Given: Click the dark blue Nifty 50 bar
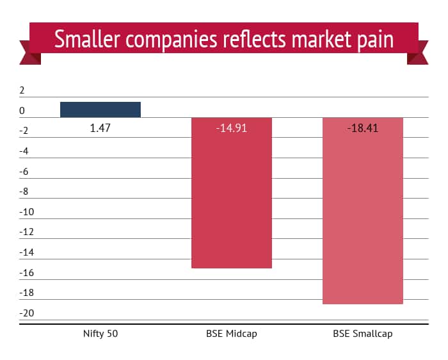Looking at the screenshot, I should tap(100, 110).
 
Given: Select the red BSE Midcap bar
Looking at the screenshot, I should tap(232, 192).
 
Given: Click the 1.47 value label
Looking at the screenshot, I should tap(100, 128).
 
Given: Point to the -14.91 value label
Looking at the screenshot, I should tap(232, 128).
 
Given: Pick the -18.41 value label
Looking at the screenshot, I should tap(363, 128).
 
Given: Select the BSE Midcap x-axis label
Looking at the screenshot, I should tap(232, 334).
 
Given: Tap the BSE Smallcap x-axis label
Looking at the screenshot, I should tap(363, 334).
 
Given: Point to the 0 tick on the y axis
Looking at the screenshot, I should tap(22, 111).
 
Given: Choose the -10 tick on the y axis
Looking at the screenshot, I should tap(25, 212).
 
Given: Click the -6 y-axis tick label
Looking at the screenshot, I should tap(25, 172).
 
